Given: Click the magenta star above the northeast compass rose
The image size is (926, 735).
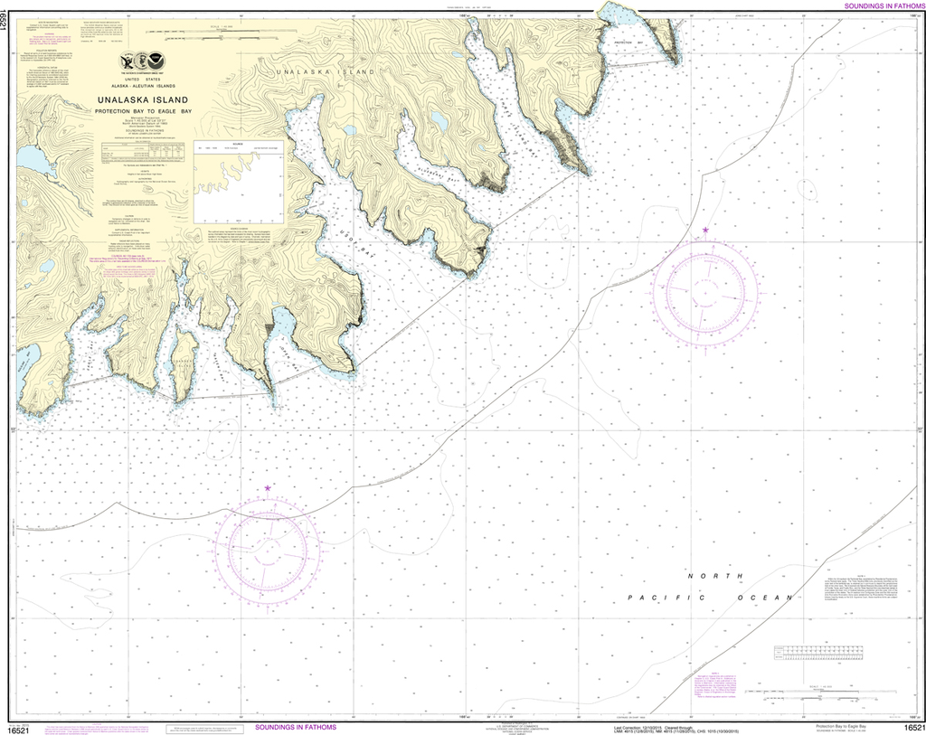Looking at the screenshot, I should click(705, 231).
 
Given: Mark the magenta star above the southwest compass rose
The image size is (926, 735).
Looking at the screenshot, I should click(268, 488).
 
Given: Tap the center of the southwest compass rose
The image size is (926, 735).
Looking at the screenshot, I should click(268, 547).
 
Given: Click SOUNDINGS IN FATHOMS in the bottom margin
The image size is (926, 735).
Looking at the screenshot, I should click(296, 727).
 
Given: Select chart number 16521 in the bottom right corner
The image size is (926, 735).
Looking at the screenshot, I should click(912, 728).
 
